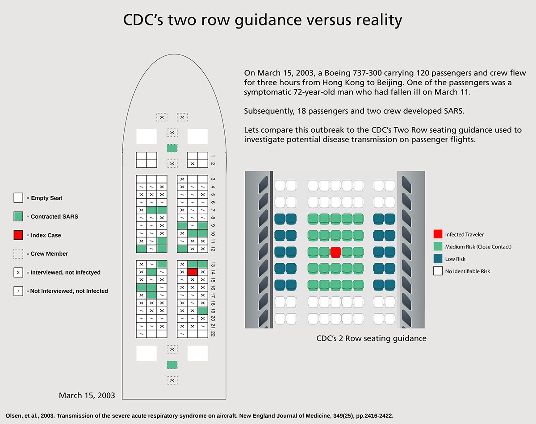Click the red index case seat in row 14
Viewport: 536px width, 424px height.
click(193, 271)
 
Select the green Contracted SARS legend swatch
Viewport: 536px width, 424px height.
click(18, 216)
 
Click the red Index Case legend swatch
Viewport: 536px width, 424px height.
click(18, 235)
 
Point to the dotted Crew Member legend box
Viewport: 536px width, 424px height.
click(18, 254)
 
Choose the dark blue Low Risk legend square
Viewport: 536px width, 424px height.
click(438, 259)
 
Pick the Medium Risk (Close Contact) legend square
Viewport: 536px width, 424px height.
click(438, 246)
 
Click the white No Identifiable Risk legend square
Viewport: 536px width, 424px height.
click(438, 271)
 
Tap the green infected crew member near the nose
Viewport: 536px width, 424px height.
click(172, 148)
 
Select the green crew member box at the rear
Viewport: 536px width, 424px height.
click(172, 365)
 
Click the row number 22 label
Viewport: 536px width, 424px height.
click(214, 333)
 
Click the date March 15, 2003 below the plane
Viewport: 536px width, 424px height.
click(87, 395)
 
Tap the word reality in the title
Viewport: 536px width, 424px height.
click(379, 20)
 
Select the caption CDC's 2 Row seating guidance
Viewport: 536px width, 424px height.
click(371, 338)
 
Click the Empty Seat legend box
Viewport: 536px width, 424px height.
click(18, 198)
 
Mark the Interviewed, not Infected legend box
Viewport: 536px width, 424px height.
click(18, 272)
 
